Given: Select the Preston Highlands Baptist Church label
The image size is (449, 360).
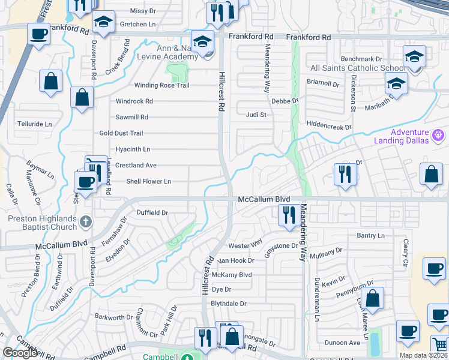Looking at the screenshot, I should click(42, 223).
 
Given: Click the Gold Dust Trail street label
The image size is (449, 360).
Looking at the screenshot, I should click(121, 133).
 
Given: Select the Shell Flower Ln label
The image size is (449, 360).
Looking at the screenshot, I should click(148, 181).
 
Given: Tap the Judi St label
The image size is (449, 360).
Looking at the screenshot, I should click(256, 114).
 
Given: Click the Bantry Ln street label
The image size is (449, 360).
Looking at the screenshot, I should click(370, 236).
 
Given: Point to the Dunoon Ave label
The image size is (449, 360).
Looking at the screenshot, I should click(342, 343).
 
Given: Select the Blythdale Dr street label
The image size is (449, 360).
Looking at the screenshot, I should click(229, 304).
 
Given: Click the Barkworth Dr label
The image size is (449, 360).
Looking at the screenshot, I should click(113, 317).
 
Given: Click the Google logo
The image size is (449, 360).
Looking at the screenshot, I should click(20, 353).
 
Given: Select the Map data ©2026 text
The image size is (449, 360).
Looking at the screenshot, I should click(424, 355).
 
